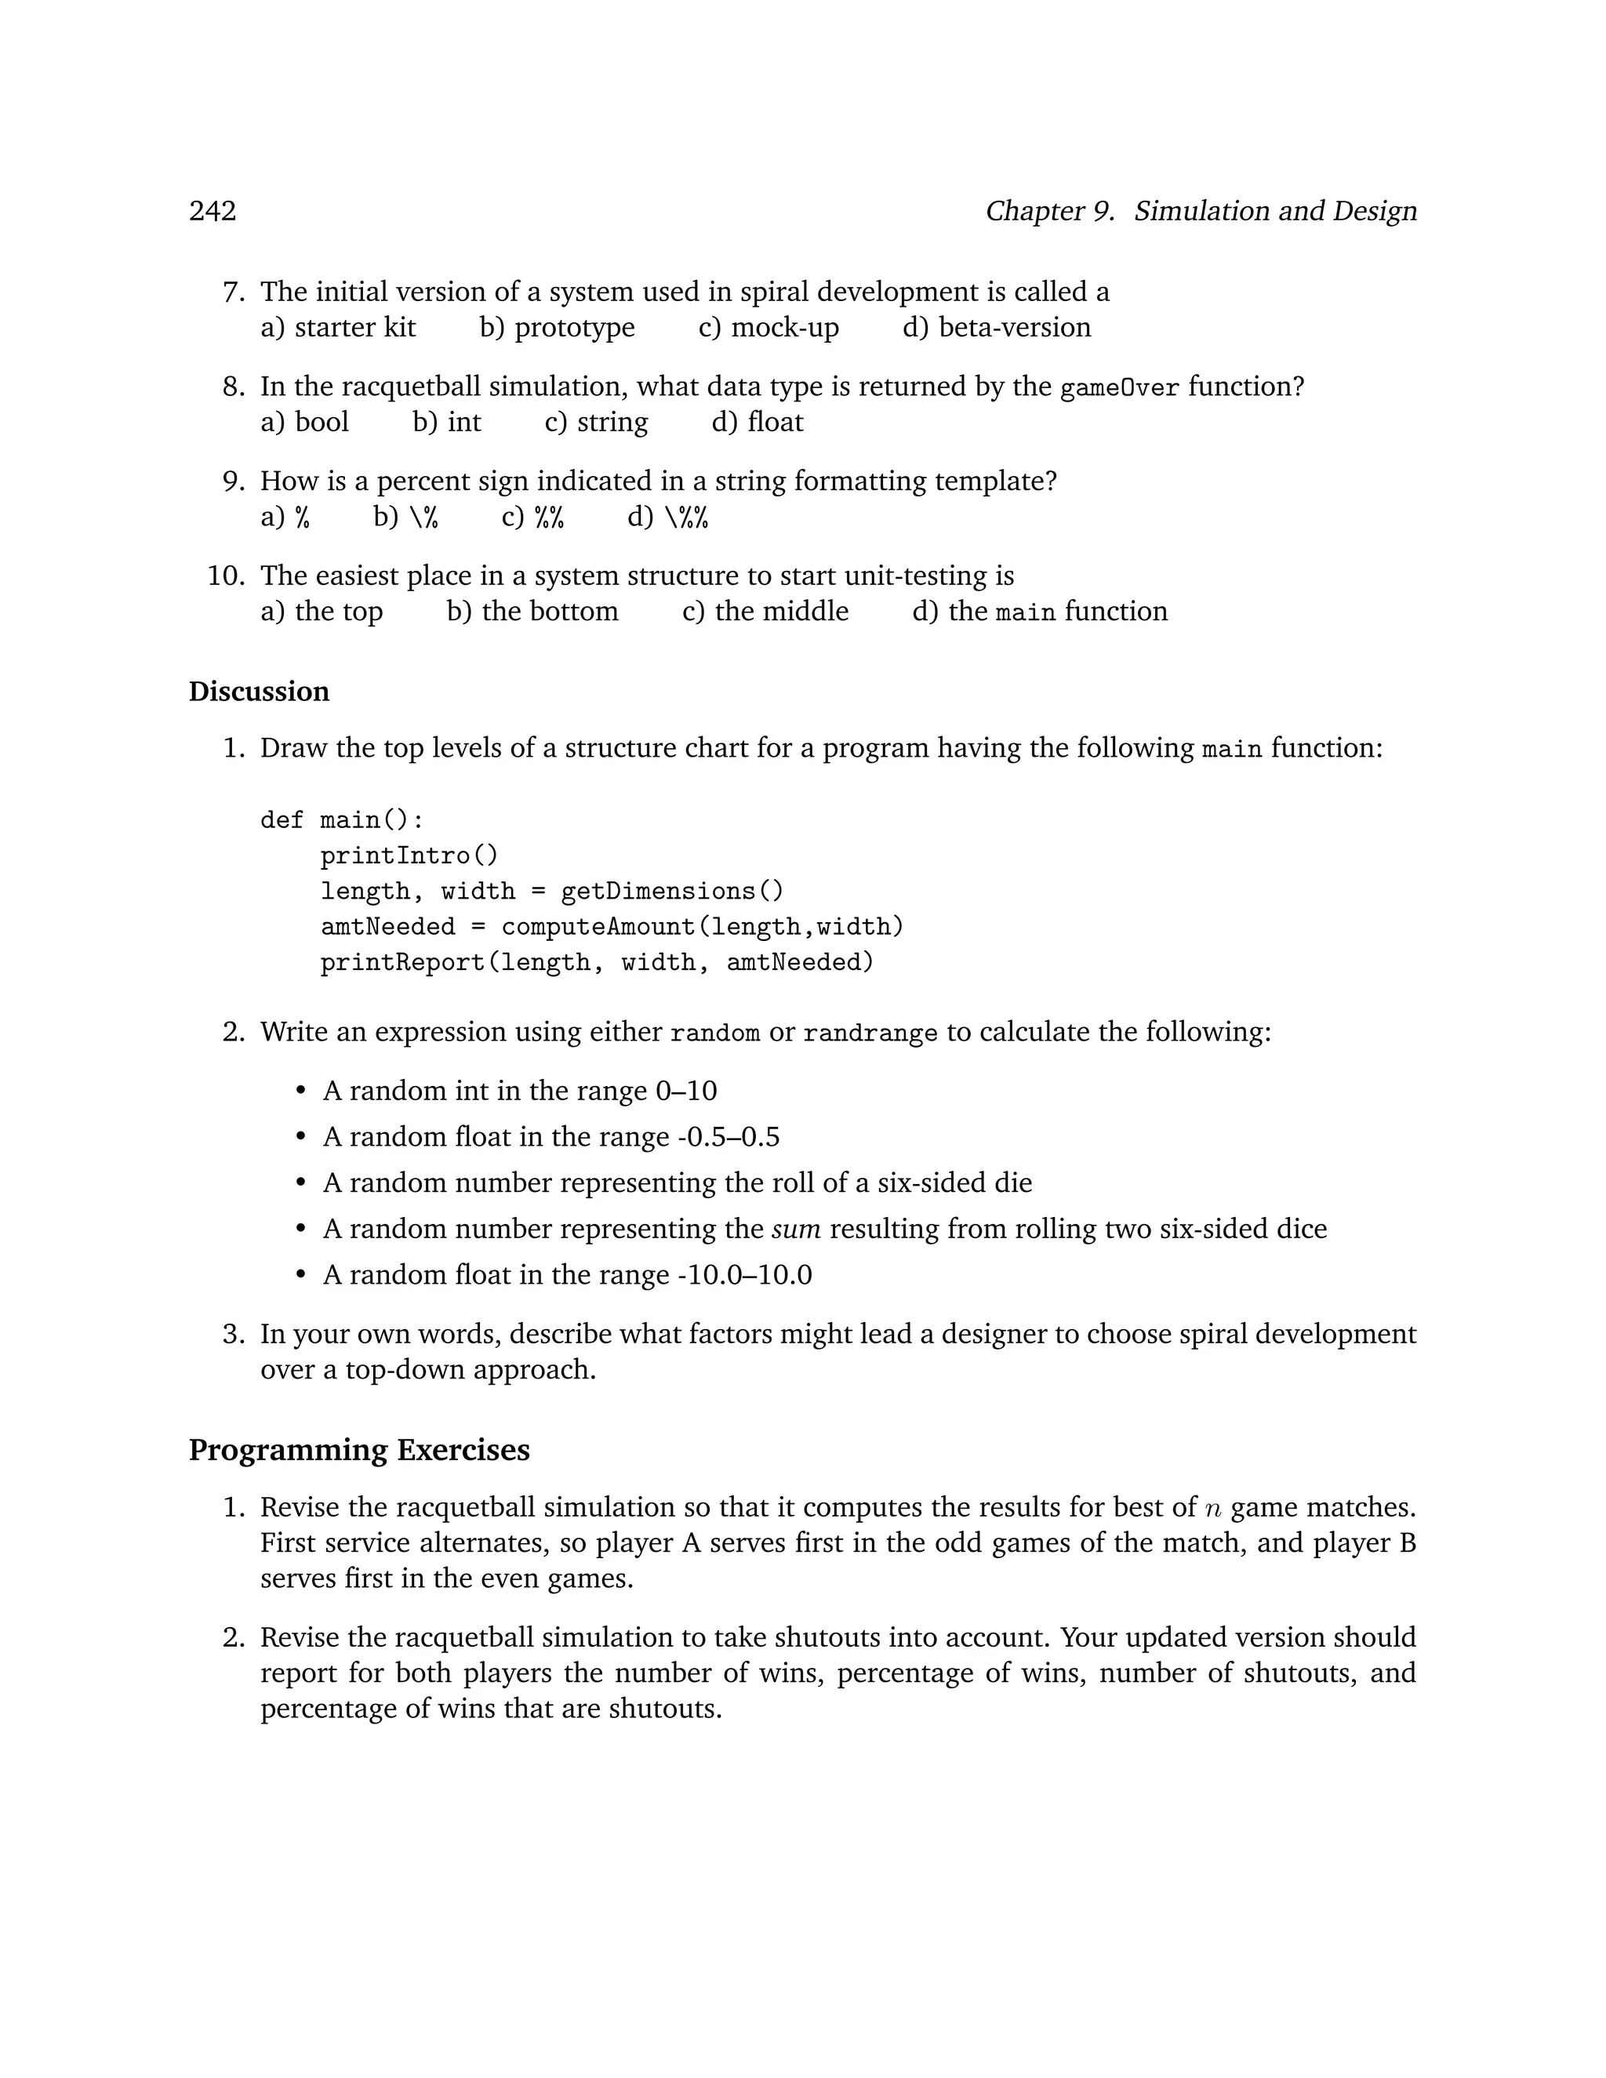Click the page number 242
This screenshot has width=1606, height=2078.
tap(213, 211)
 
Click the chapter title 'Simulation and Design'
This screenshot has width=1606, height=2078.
tap(1275, 211)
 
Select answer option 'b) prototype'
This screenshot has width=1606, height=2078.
tap(557, 327)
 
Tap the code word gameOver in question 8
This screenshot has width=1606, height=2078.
tap(1119, 387)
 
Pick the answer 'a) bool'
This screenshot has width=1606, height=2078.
tap(304, 423)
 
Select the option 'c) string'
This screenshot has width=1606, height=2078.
tap(596, 423)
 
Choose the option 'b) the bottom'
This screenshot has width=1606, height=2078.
tap(532, 612)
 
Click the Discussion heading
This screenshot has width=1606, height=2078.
tap(259, 692)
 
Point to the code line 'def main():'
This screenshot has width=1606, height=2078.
tap(342, 820)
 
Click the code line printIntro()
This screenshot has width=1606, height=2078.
tap(409, 856)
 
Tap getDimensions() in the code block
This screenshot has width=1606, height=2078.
tap(672, 892)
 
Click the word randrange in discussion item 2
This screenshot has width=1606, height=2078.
tap(870, 1034)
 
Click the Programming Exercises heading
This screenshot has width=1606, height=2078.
tap(358, 1450)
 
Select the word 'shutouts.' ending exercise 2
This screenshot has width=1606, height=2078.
tap(665, 1709)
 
